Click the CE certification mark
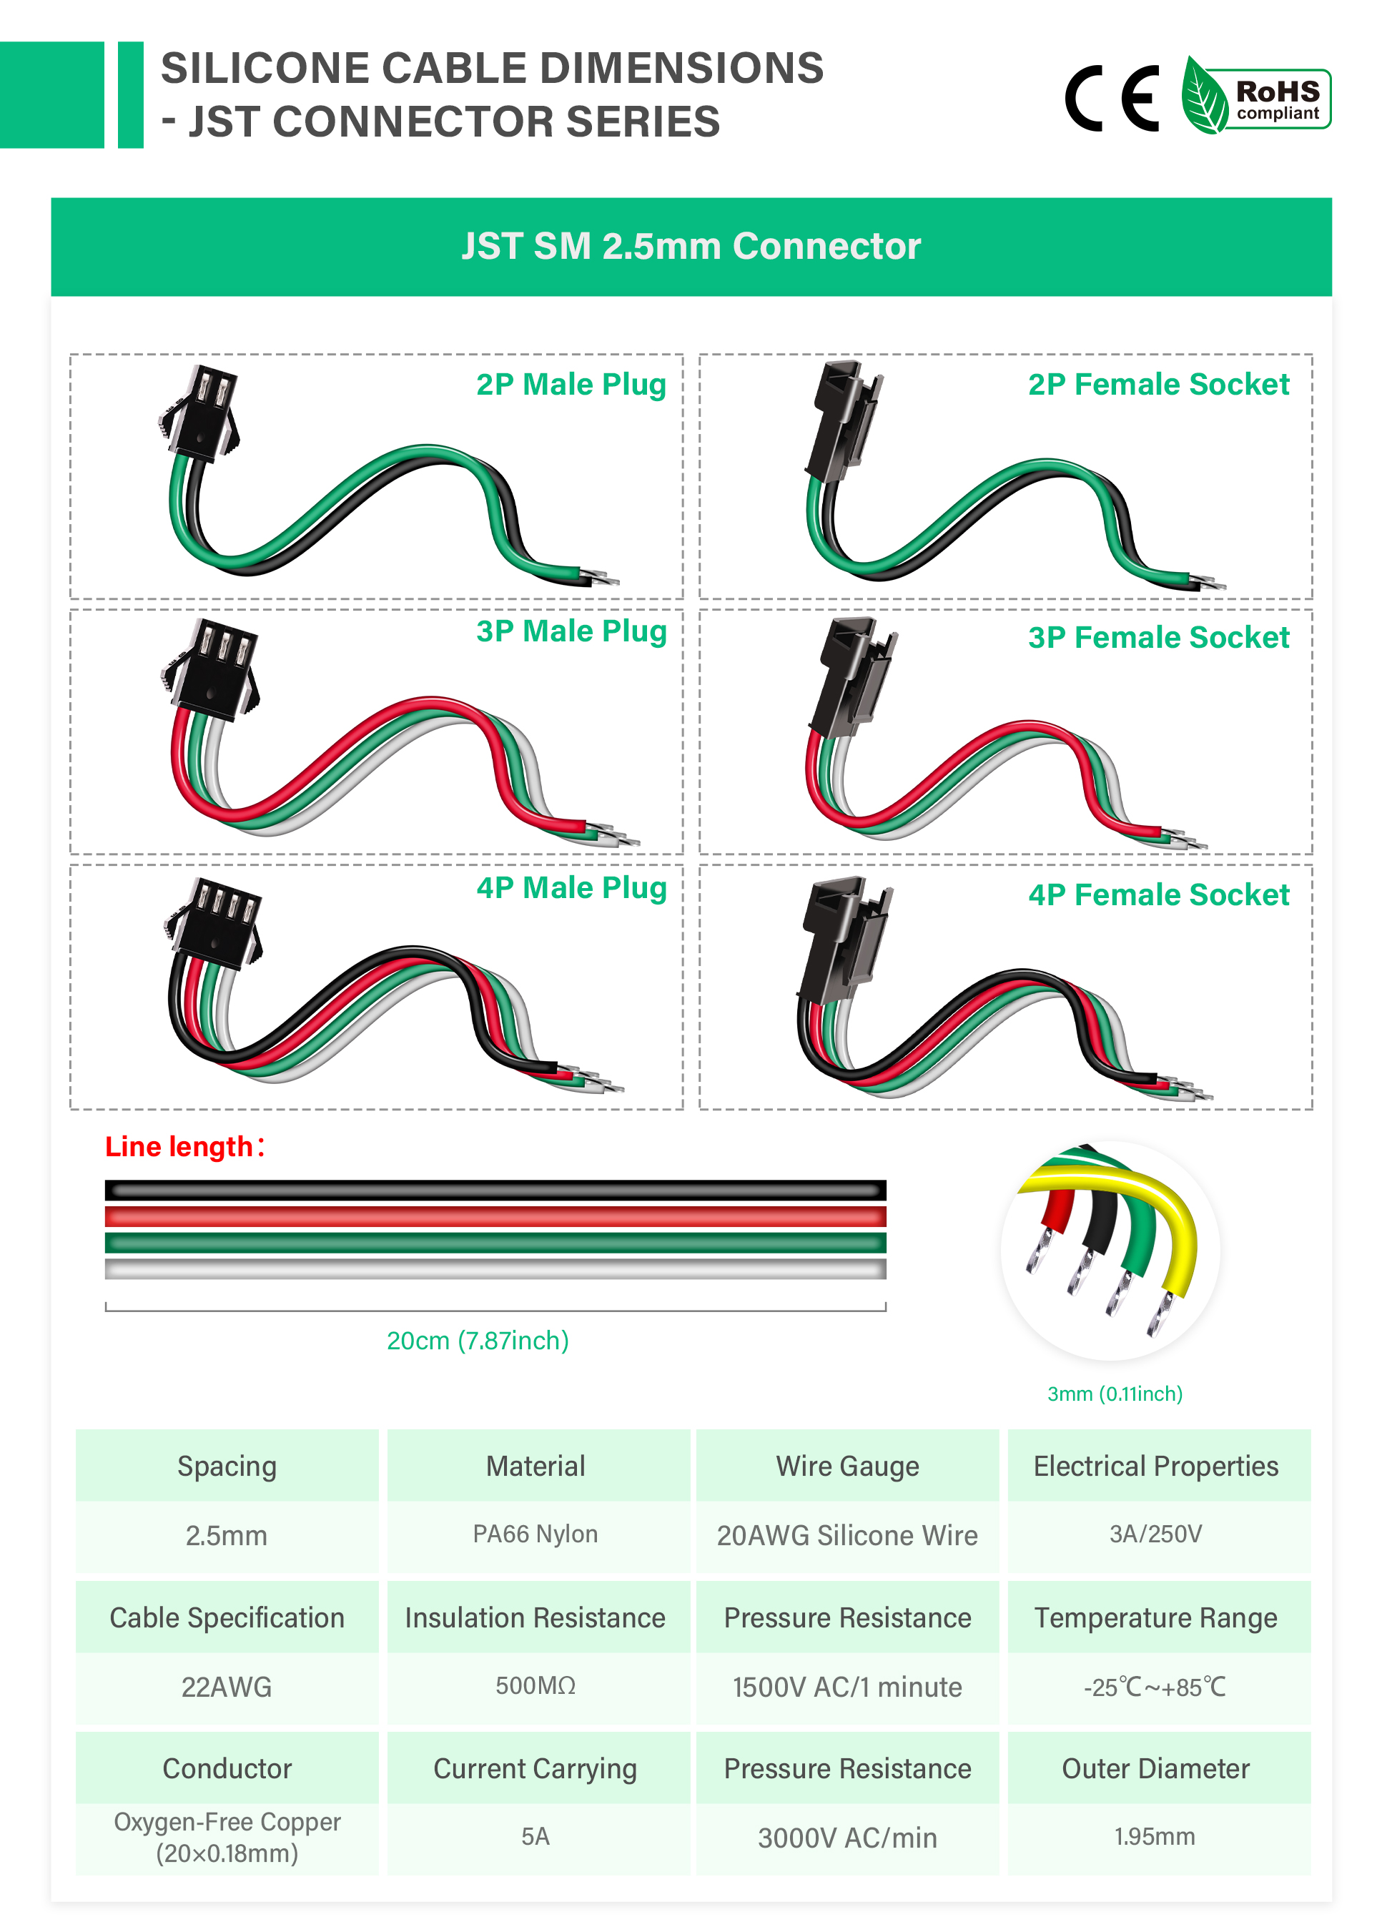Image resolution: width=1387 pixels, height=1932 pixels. click(x=1112, y=98)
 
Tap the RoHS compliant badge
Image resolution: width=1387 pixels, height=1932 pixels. click(x=1255, y=95)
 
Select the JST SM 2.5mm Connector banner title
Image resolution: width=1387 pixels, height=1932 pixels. click(x=691, y=246)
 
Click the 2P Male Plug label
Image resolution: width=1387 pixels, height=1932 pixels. click(x=571, y=384)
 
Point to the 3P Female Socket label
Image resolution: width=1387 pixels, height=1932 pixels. click(x=1159, y=637)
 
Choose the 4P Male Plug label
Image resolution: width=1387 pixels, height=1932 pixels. click(x=571, y=887)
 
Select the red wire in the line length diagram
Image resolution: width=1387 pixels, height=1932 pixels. click(x=495, y=1216)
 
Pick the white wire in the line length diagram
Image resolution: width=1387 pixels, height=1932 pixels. click(x=495, y=1269)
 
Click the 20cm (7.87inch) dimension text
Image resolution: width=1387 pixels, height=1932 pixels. click(x=478, y=1341)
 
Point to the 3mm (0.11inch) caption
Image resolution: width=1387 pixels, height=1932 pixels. click(x=1115, y=1394)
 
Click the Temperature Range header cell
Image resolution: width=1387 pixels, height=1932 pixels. click(x=1156, y=1617)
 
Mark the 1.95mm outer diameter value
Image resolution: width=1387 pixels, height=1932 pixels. click(x=1155, y=1837)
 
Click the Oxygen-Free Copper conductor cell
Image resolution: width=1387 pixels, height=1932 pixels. click(x=227, y=1838)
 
